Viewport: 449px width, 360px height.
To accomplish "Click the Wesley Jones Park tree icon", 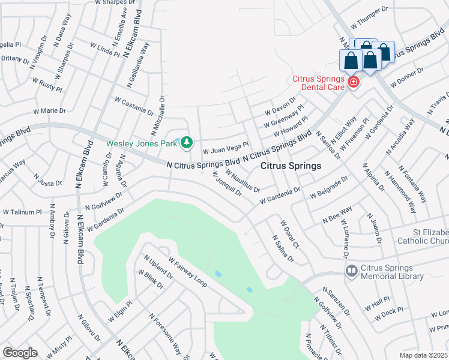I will (187, 143).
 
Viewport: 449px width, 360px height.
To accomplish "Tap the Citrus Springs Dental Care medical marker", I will (354, 82).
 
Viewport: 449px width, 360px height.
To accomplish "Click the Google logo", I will (20, 352).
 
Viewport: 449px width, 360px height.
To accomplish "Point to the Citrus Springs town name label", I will (291, 166).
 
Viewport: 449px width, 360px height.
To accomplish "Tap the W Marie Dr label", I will (49, 111).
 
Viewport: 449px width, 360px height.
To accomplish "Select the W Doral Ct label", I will (289, 234).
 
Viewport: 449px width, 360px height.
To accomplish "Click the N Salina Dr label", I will (283, 249).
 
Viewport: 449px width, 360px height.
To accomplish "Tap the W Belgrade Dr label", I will (329, 188).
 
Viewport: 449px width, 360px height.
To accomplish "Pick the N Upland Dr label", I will (158, 268).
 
